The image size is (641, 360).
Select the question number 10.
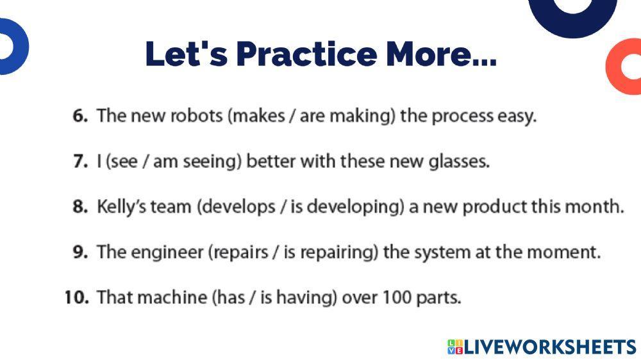click(x=76, y=298)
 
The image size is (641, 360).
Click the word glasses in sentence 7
click(x=458, y=161)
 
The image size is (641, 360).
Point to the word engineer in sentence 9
click(x=168, y=252)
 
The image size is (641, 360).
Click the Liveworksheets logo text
click(x=549, y=347)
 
